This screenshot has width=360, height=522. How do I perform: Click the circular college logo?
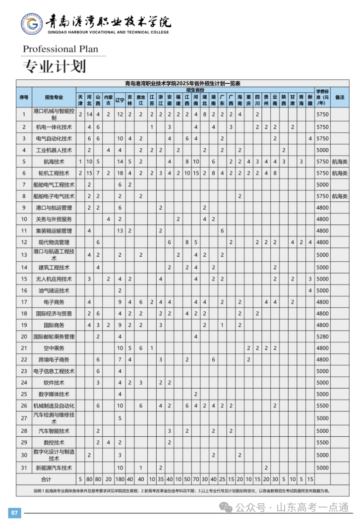(31, 24)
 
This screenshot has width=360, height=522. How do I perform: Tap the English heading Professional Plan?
(60, 49)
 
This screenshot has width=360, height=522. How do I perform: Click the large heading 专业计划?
(55, 66)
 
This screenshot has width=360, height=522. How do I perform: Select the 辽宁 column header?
(120, 100)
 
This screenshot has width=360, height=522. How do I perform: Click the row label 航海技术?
(54, 162)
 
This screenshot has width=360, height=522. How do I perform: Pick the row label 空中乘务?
(54, 348)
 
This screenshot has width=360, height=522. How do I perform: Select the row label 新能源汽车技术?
(54, 467)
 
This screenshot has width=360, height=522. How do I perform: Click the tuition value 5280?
(323, 337)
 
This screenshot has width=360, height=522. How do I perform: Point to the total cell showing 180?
(120, 479)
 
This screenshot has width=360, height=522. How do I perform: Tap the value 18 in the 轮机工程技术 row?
(120, 173)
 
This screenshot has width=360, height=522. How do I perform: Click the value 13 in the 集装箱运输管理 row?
(120, 231)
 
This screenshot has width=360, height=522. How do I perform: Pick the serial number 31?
(23, 467)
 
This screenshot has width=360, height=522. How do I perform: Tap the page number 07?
(14, 512)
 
